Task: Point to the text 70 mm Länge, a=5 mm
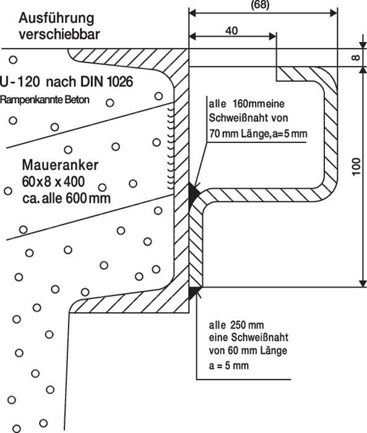pyautogui.click(x=257, y=133)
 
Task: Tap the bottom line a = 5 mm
pyautogui.click(x=228, y=366)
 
